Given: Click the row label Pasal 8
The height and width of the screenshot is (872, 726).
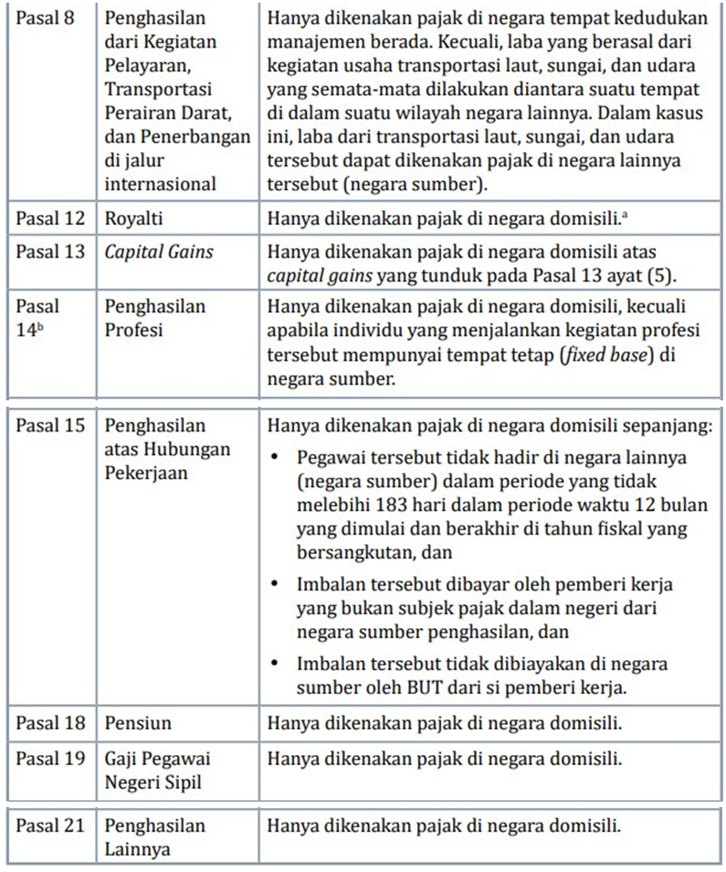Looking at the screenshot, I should [x=45, y=17].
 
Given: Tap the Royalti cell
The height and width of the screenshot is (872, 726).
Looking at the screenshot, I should [x=132, y=219].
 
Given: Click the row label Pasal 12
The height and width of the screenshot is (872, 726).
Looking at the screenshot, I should [x=50, y=219].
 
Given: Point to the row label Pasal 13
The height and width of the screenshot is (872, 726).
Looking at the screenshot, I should [x=50, y=251].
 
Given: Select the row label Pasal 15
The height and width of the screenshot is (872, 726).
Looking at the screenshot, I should [x=50, y=426].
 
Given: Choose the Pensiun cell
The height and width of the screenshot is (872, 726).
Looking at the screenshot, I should [x=138, y=723].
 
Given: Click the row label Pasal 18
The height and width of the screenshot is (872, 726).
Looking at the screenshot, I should [x=50, y=723].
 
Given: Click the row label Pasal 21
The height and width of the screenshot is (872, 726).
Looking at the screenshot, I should [x=50, y=826].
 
